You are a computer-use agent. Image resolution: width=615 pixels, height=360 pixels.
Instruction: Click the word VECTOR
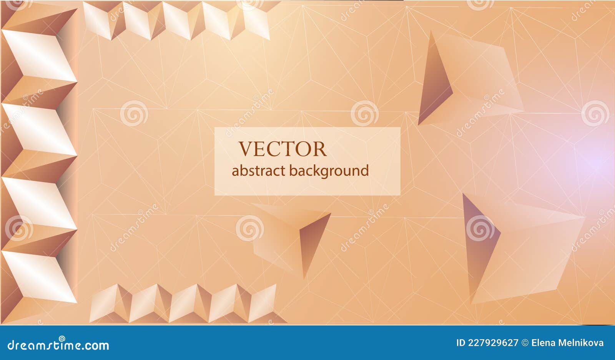[x=283, y=149]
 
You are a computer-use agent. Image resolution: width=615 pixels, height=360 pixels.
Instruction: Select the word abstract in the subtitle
[x=258, y=171]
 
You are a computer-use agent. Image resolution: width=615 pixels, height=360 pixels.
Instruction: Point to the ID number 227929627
[x=493, y=343]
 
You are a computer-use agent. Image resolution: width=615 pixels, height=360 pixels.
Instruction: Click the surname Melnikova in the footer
[x=582, y=343]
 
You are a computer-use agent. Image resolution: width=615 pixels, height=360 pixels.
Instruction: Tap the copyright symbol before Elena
[x=525, y=343]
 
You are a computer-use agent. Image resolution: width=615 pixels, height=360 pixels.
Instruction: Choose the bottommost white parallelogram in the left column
[x=38, y=276]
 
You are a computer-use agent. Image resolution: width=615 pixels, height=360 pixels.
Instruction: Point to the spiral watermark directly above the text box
[x=364, y=113]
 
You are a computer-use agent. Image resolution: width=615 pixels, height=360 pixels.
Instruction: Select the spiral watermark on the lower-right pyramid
[x=480, y=228]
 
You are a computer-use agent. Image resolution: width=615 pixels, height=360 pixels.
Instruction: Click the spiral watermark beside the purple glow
[x=595, y=113]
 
